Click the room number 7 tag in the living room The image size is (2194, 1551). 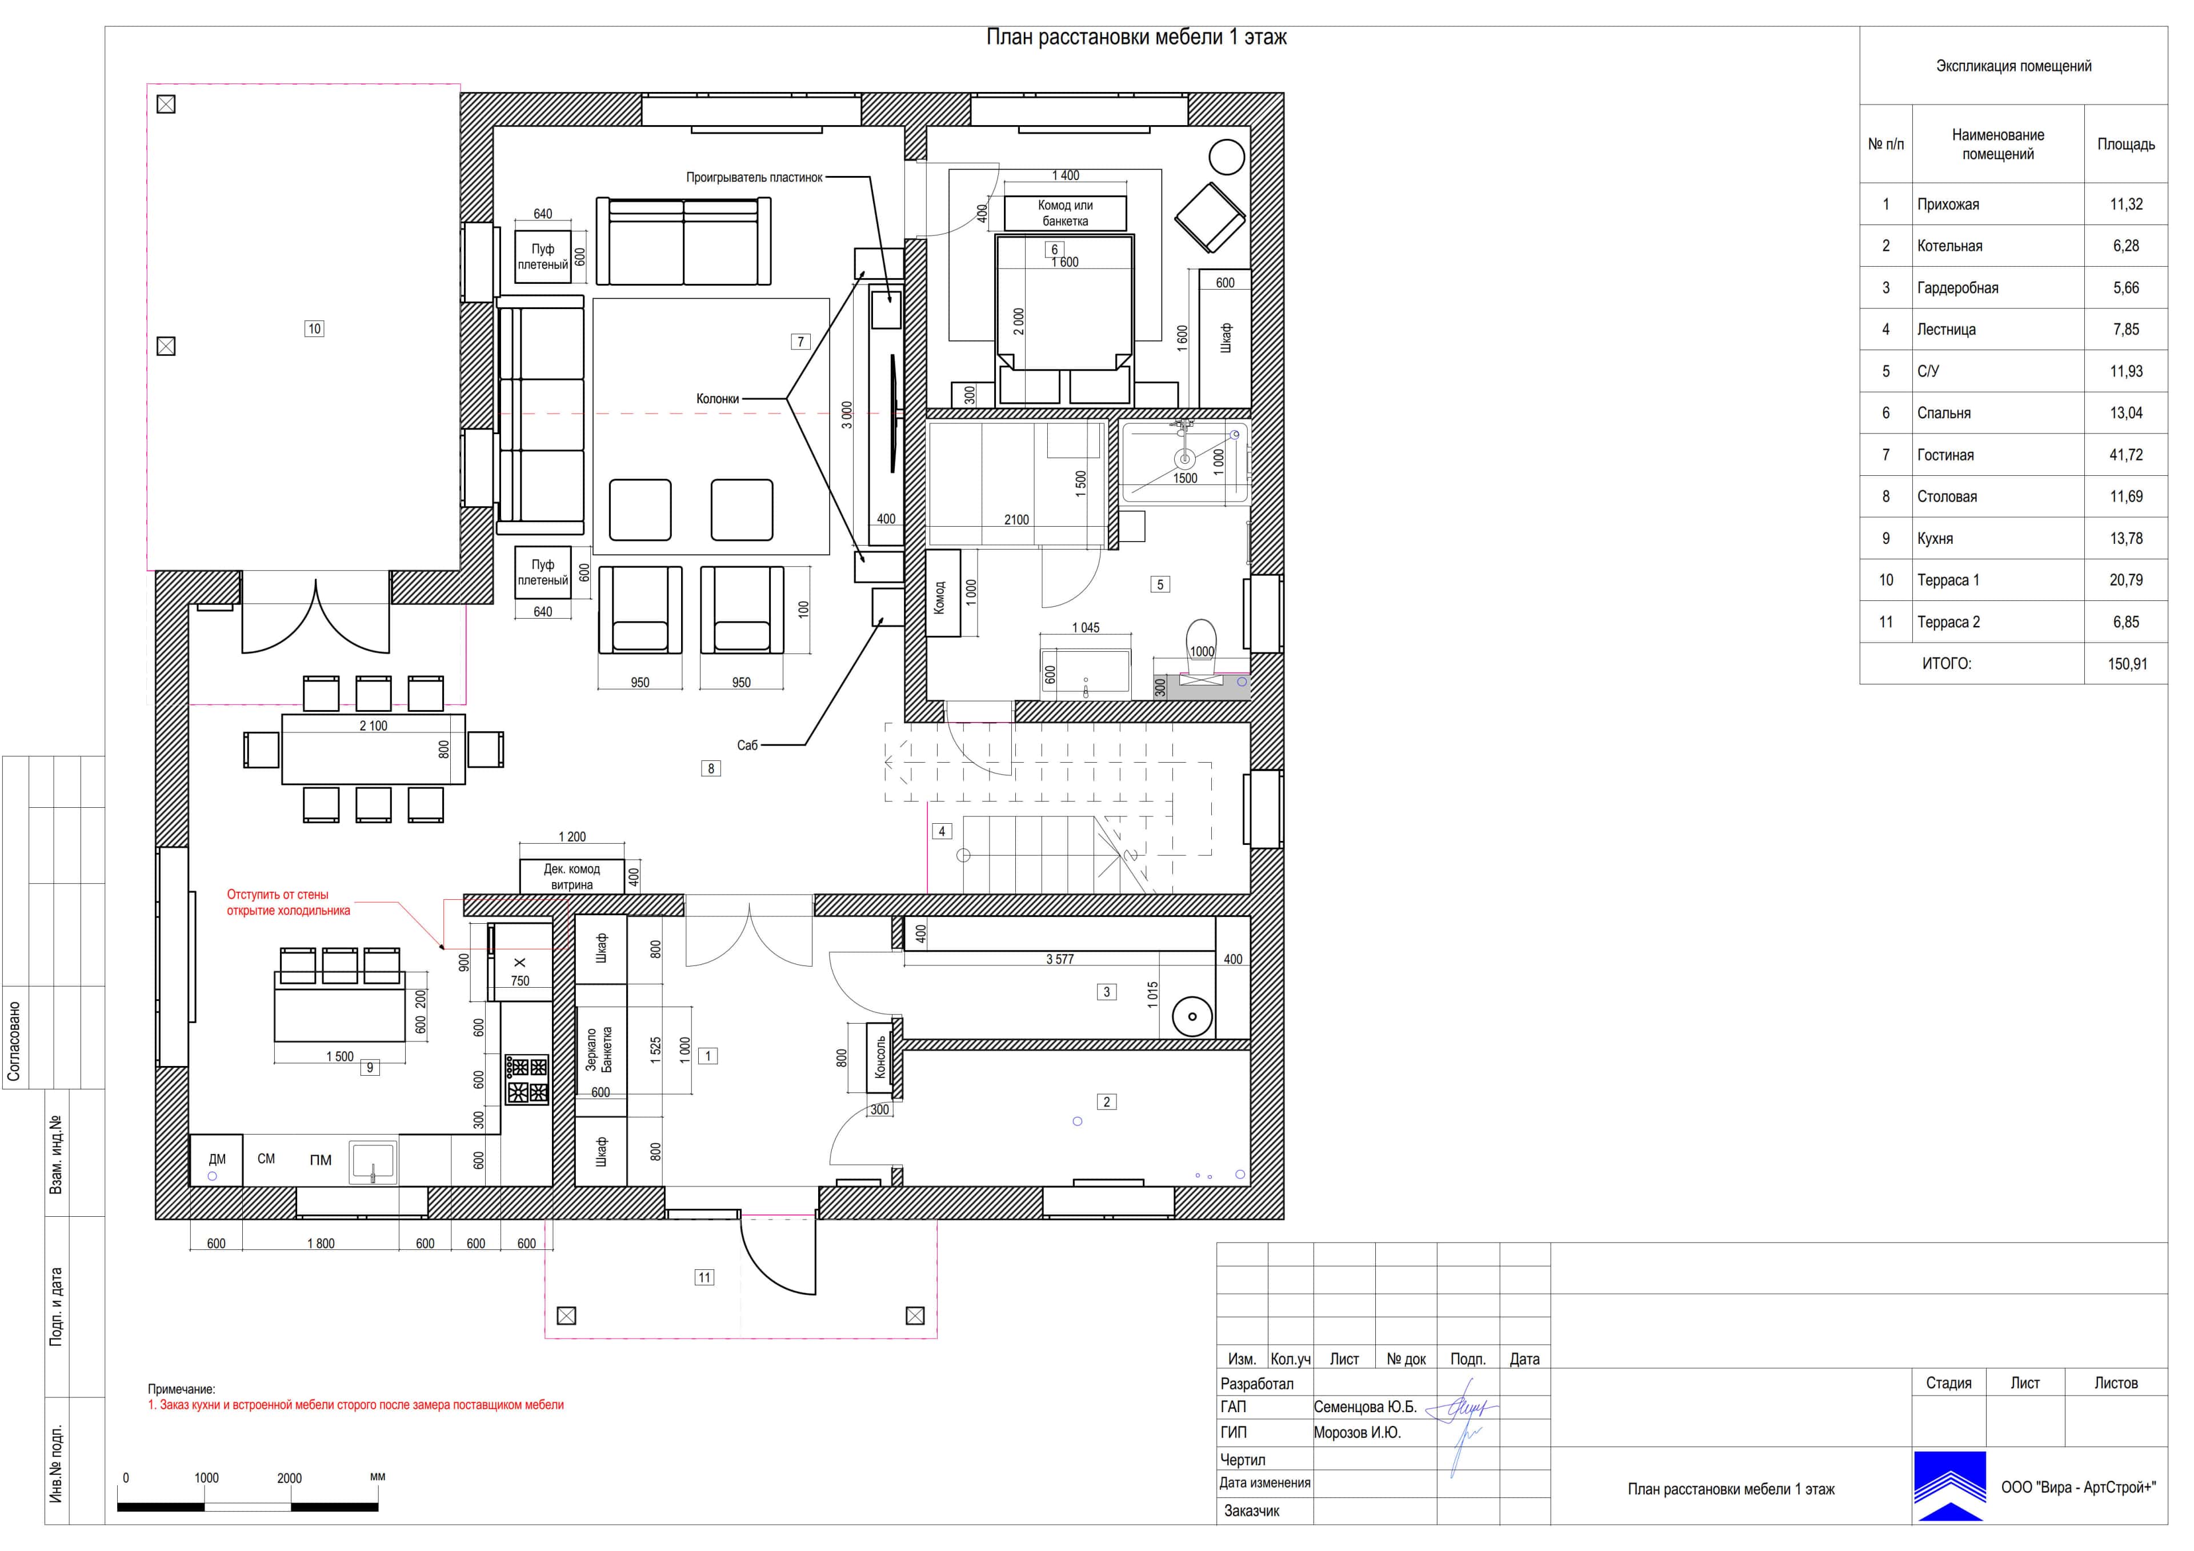pos(801,341)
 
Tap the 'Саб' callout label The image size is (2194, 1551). pos(747,746)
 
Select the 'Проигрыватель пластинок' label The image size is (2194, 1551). pos(754,178)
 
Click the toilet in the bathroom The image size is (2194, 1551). pos(1201,642)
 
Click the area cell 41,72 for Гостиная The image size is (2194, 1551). pos(2125,455)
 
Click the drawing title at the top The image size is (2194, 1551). pos(1136,37)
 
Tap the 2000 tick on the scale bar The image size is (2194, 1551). pos(290,1478)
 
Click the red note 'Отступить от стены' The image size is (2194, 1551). pos(277,895)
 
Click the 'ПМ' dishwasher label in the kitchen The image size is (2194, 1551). pos(320,1160)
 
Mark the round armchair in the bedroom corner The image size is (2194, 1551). pos(1226,157)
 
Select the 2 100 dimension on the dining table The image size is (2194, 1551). pos(374,726)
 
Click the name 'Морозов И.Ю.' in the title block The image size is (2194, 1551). pos(1357,1433)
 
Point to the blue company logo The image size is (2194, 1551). pos(1949,1486)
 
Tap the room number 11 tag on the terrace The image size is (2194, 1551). pos(704,1278)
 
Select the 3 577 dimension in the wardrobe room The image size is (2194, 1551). pos(1060,960)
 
